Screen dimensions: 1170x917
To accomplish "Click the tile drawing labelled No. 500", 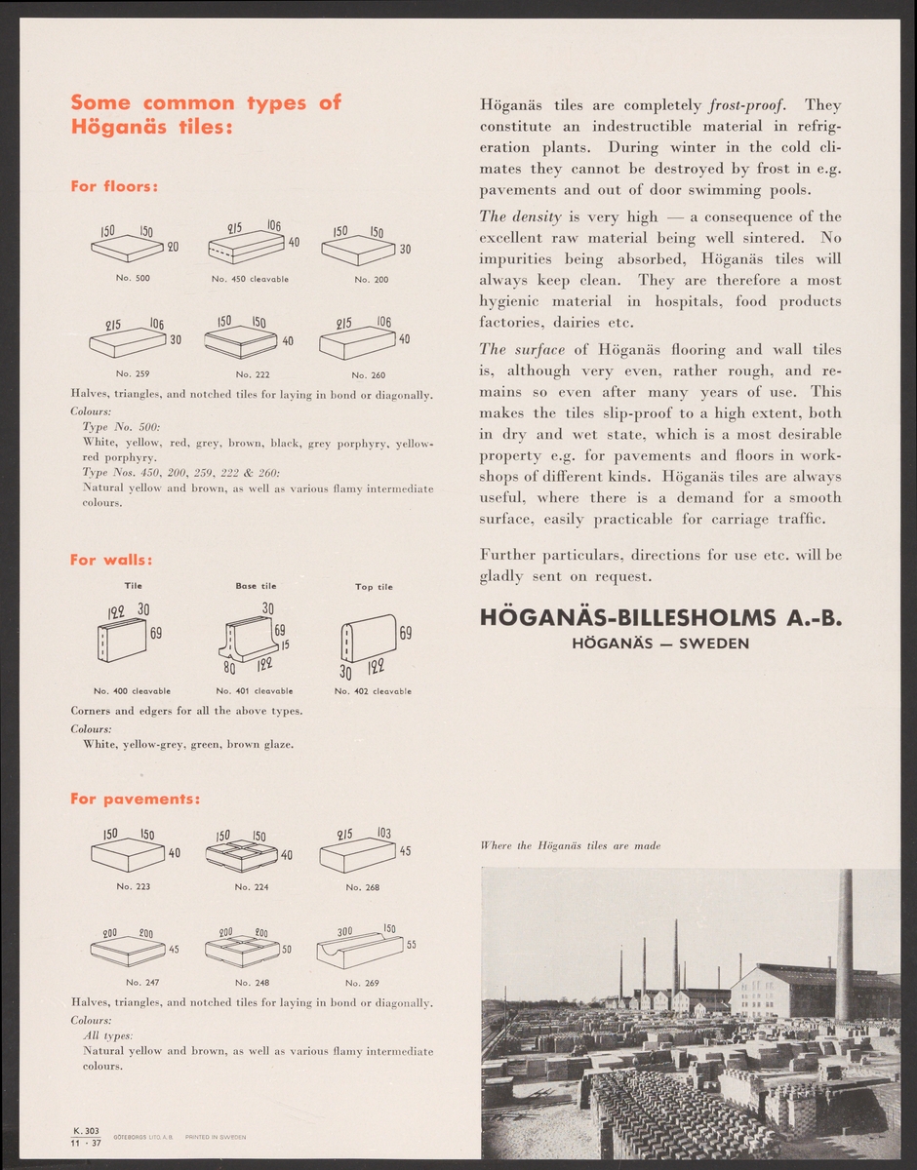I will (127, 251).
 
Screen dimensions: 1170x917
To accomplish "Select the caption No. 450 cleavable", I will (250, 279).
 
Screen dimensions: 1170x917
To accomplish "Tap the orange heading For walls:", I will (109, 560).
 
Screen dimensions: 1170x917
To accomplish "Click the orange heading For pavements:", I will (136, 799).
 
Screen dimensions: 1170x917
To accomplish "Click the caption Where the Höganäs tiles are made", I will (571, 845).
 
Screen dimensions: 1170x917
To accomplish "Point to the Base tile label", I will (256, 586).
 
